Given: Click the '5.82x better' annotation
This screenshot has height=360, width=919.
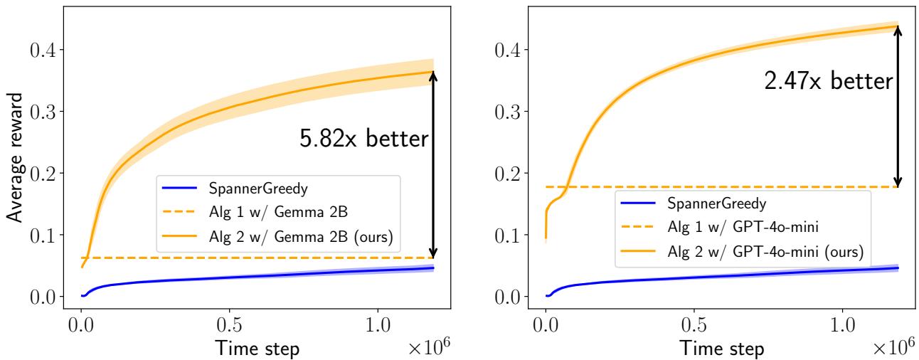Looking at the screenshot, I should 364,139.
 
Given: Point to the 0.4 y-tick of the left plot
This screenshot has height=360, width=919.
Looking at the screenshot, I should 38,50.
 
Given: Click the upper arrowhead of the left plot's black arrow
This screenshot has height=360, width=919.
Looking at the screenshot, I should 433,76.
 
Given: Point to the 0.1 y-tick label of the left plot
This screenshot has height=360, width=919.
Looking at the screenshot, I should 38,235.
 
